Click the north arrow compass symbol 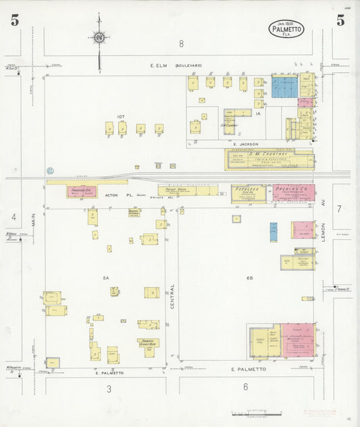click(x=99, y=37)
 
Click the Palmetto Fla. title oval click(x=286, y=29)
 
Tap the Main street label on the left click(x=32, y=220)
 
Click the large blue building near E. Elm click(x=284, y=87)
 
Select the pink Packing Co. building click(x=293, y=193)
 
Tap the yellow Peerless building click(x=249, y=193)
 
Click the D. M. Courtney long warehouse click(x=269, y=160)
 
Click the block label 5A click(x=105, y=278)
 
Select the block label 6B click(x=249, y=278)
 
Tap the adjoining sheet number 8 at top click(x=181, y=44)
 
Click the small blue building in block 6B click(x=274, y=231)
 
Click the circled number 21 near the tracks click(x=49, y=171)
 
